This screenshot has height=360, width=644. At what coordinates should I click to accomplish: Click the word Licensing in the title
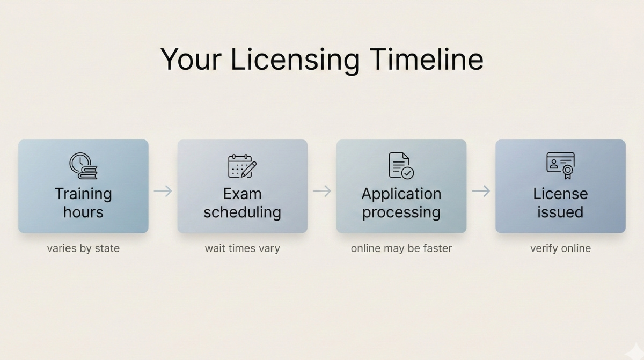click(295, 59)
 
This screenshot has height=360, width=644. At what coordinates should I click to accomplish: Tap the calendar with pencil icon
click(242, 166)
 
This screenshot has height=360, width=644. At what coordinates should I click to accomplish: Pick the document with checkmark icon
click(401, 165)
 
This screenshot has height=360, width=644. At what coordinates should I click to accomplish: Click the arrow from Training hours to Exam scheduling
click(163, 191)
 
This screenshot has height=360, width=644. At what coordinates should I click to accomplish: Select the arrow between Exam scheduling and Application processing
click(322, 191)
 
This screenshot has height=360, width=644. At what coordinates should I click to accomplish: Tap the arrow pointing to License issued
click(481, 191)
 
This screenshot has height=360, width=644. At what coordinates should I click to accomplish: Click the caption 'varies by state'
click(83, 248)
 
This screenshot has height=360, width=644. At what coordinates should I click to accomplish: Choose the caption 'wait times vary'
click(242, 248)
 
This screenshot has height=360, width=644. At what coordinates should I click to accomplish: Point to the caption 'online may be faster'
click(401, 248)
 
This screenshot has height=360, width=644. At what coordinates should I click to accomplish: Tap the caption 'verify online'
click(560, 248)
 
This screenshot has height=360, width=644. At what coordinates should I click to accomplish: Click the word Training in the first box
click(83, 194)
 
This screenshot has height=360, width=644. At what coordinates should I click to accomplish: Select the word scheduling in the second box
click(242, 212)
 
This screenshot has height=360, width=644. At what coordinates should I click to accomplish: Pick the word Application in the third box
click(401, 194)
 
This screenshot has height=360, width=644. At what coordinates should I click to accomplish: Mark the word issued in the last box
click(560, 212)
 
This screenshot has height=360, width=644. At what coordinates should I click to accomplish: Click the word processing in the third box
click(401, 212)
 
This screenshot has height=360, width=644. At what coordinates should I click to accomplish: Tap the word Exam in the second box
click(242, 194)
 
